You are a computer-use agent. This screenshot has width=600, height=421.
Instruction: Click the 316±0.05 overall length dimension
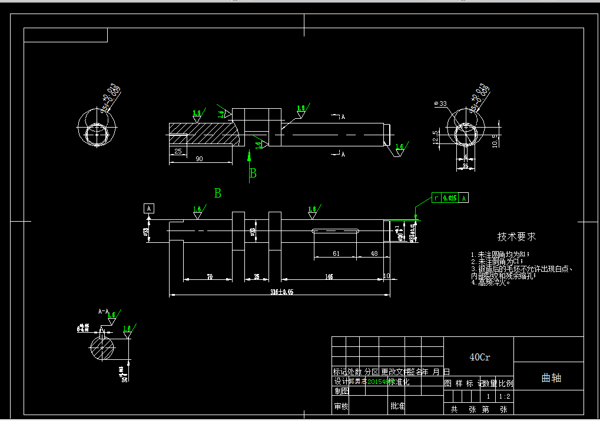(281, 292)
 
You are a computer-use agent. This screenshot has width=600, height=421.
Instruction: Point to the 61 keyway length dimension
(336, 253)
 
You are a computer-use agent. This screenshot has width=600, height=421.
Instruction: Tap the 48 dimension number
(373, 253)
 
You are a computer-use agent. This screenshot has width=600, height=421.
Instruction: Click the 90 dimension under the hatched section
(199, 159)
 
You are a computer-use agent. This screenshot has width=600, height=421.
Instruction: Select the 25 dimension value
(177, 151)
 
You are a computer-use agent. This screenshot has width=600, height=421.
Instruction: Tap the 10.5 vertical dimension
(495, 141)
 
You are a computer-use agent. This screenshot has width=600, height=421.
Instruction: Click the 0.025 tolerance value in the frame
(450, 198)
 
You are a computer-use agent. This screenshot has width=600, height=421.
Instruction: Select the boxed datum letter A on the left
(149, 208)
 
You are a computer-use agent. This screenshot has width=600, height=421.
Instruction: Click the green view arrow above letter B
(249, 159)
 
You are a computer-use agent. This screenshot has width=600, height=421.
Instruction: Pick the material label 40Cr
(479, 357)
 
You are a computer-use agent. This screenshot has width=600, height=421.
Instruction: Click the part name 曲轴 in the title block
(551, 378)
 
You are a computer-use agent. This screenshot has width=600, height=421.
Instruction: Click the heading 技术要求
(516, 236)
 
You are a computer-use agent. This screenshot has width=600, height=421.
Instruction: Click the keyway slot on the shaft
(336, 231)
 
